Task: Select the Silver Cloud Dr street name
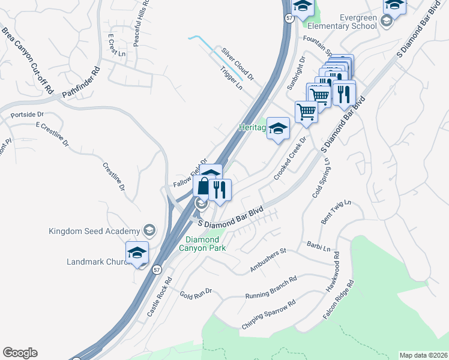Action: click(x=237, y=64)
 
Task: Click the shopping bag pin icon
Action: click(x=203, y=187)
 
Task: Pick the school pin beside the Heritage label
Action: click(x=278, y=128)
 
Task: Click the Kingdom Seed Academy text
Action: click(x=95, y=230)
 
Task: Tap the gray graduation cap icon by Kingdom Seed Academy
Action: click(x=148, y=230)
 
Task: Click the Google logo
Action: click(x=20, y=353)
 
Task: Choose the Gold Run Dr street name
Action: click(x=196, y=293)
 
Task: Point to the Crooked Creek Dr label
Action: click(x=291, y=158)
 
